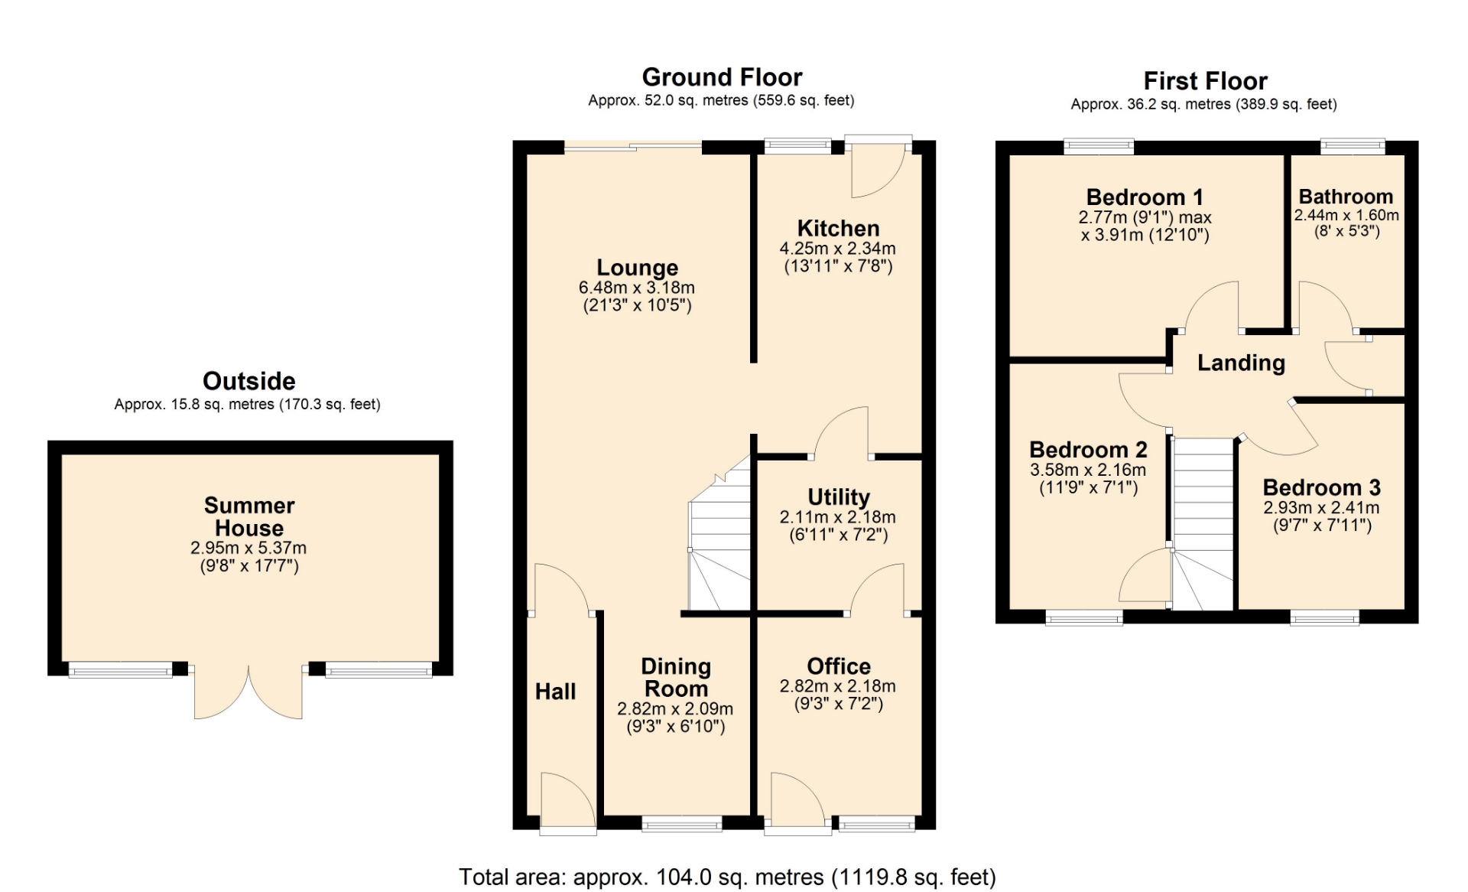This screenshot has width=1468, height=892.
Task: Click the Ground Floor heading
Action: tap(722, 77)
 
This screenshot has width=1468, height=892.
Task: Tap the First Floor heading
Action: tap(1205, 81)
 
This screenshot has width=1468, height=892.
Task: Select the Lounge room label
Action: tap(637, 268)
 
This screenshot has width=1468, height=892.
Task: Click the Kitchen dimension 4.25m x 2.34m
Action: tap(837, 249)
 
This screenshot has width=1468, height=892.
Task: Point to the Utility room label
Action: tap(839, 497)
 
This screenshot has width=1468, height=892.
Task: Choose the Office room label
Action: tap(839, 666)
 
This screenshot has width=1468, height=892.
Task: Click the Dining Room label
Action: tap(676, 678)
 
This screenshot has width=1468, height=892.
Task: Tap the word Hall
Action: tap(555, 692)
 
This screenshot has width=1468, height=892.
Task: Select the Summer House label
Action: tap(249, 516)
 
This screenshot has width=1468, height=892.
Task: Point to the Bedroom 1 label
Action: tap(1145, 197)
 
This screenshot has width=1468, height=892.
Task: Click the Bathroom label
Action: tap(1346, 197)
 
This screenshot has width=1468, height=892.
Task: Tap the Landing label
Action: tap(1241, 363)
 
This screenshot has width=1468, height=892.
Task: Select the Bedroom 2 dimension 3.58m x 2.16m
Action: tap(1088, 470)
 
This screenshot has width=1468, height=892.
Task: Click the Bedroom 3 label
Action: tap(1321, 487)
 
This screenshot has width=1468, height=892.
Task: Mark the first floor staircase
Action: tap(1203, 524)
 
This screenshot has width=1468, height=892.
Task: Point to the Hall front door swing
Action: tap(568, 800)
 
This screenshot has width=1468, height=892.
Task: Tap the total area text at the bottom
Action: tap(727, 877)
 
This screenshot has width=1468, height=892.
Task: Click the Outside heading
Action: tap(248, 381)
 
